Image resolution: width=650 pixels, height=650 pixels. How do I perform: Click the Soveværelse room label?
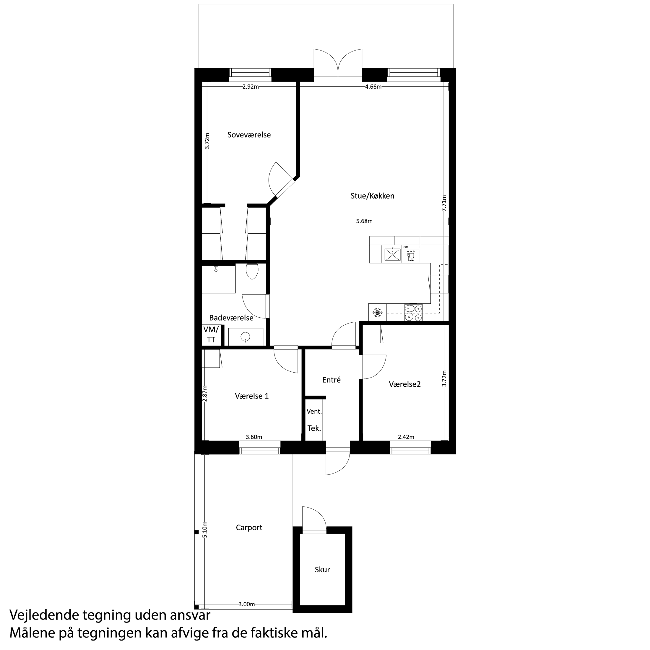click(249, 135)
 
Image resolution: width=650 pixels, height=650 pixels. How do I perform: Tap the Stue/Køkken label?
click(372, 196)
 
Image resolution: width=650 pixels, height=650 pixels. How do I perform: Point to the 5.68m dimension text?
click(364, 221)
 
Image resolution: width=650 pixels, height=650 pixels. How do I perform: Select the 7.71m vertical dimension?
click(444, 203)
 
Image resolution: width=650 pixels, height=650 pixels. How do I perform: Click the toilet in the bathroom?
click(252, 271)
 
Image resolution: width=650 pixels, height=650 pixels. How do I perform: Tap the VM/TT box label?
click(211, 334)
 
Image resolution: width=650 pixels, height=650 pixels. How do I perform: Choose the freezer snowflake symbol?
click(378, 313)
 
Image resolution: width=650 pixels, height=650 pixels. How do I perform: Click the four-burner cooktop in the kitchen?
click(413, 313)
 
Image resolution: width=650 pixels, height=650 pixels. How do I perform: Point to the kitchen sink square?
click(391, 254)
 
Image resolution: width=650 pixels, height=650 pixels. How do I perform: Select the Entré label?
click(331, 380)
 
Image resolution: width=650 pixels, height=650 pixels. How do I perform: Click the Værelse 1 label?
click(252, 396)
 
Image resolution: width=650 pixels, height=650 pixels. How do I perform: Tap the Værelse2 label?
click(405, 384)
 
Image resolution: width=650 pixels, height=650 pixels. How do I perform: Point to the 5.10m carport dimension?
click(205, 529)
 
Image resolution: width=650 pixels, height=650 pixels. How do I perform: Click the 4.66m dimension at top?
click(373, 87)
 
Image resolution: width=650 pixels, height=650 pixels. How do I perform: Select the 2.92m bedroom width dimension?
click(251, 87)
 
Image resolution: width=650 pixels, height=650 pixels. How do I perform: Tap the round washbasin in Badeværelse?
click(246, 336)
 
